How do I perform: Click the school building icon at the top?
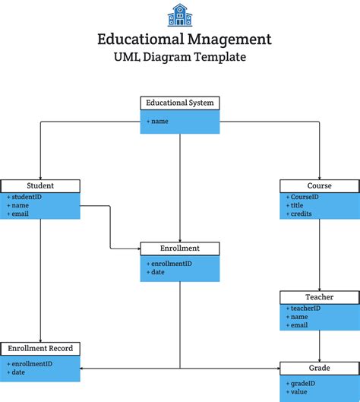click(x=180, y=14)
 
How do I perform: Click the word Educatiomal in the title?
click(x=136, y=39)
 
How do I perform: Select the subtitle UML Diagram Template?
click(x=180, y=57)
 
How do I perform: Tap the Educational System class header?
click(x=180, y=103)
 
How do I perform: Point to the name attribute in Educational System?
click(x=159, y=121)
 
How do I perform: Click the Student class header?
click(x=40, y=185)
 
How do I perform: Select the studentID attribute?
click(x=26, y=197)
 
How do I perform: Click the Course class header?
click(x=319, y=185)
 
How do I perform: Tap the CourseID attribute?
click(x=304, y=197)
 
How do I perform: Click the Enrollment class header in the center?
click(x=180, y=248)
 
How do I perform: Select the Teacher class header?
click(x=319, y=297)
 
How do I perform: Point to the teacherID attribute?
click(x=305, y=309)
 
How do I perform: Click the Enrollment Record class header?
click(x=40, y=349)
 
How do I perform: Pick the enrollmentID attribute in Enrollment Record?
click(x=30, y=364)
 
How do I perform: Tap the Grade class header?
click(x=319, y=368)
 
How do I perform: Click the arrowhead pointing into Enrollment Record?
click(x=83, y=369)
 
